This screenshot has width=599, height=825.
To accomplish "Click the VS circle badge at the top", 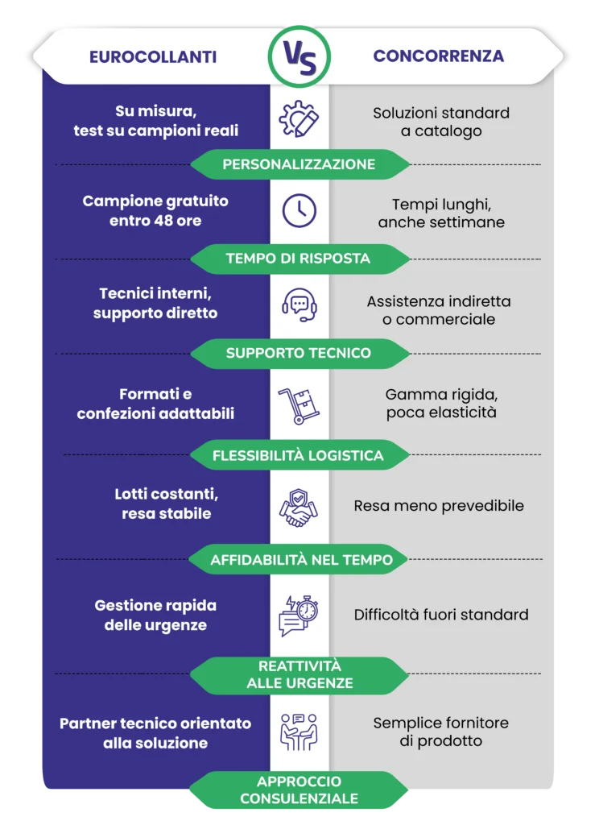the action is (299, 56).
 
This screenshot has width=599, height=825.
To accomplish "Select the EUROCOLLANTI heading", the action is (153, 57).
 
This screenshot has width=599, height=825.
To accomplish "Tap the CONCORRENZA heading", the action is (439, 56).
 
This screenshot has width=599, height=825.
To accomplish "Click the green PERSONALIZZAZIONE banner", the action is (299, 164).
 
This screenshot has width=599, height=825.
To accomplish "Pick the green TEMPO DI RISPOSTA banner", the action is (299, 259).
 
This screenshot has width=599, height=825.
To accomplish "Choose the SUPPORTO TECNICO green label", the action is (299, 353).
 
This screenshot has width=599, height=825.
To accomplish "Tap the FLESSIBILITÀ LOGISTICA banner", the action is (299, 455).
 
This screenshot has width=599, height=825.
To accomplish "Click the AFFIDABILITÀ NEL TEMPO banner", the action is (299, 559).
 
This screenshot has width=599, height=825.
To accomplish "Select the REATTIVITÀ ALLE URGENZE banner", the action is (299, 674).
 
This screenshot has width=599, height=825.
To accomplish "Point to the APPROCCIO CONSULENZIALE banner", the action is (299, 790).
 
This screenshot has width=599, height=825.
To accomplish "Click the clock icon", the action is (299, 210).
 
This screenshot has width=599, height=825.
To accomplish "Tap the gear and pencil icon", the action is (299, 119).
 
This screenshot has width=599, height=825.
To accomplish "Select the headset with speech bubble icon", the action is (299, 305).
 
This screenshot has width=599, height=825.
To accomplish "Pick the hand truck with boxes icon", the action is (299, 406).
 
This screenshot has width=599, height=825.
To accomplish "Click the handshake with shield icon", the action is (298, 508).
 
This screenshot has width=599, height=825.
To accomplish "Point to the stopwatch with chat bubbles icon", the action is (299, 616).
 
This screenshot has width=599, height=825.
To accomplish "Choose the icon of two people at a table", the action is (299, 732).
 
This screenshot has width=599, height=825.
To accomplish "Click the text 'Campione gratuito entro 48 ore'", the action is (155, 210).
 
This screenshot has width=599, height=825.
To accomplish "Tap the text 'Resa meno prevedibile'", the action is (439, 506).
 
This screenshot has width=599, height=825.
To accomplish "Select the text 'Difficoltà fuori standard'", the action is (440, 615).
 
